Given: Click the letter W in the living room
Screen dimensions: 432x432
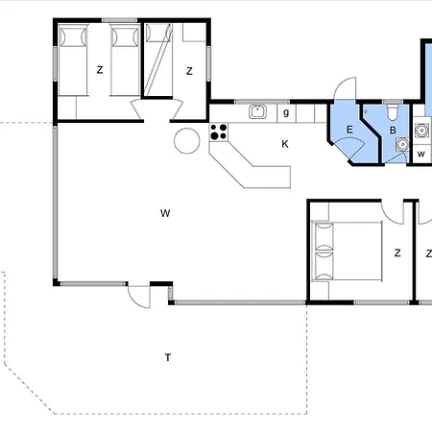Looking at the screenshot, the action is (165, 213).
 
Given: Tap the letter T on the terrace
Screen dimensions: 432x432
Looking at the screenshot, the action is (168, 357).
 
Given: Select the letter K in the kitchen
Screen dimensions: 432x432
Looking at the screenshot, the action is (285, 144).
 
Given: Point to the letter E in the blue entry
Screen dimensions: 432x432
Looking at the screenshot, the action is (349, 130).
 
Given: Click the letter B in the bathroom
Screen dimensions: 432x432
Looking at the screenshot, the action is (393, 131).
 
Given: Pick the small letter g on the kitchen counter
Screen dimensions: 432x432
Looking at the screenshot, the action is (286, 112).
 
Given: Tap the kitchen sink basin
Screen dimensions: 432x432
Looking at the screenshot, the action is (257, 111).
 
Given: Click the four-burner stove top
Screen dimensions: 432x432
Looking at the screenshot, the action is (219, 132).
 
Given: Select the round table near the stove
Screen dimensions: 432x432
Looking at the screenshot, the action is (187, 141).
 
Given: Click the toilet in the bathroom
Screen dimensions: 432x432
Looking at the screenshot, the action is (393, 112).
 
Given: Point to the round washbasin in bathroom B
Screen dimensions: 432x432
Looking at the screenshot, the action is (402, 144).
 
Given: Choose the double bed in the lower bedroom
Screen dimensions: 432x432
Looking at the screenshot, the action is (348, 252).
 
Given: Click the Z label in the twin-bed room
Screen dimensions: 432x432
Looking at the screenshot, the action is (100, 70).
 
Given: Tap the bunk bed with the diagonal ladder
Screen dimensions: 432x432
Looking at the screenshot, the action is (158, 60).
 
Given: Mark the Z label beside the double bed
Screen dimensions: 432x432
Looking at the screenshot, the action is (397, 253).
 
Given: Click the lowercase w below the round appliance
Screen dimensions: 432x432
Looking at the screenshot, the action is (421, 155).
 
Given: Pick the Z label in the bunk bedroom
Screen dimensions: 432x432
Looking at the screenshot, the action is (189, 71).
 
